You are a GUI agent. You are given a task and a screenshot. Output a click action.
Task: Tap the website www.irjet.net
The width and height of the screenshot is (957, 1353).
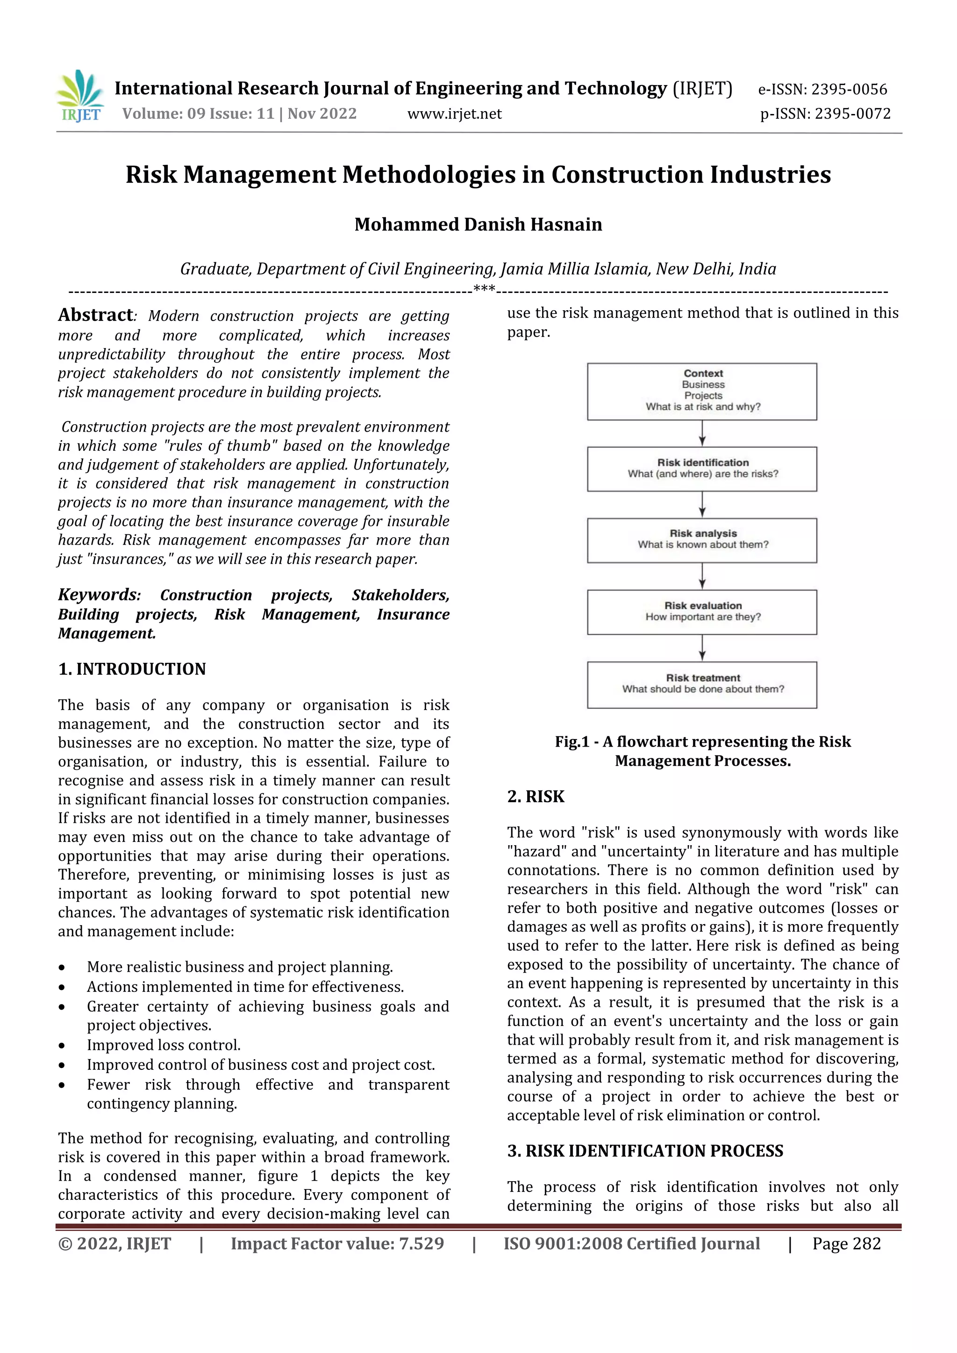(454, 114)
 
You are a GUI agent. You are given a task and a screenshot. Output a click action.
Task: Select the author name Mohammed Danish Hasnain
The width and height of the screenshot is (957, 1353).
(478, 225)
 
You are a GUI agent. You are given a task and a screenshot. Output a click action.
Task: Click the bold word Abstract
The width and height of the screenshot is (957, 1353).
(95, 315)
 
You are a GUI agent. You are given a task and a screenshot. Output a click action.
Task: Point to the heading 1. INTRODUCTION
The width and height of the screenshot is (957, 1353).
(132, 669)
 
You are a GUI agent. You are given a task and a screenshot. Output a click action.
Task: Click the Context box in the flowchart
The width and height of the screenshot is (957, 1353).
(702, 392)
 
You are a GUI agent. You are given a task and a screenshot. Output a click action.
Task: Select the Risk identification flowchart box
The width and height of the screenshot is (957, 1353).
(702, 469)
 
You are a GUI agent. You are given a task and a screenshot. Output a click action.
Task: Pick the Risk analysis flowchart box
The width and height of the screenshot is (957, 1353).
(702, 541)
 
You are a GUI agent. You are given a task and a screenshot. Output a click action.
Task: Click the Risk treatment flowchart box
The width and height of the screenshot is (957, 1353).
(702, 685)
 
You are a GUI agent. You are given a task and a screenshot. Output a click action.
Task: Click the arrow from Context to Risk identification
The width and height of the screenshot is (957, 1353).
(702, 434)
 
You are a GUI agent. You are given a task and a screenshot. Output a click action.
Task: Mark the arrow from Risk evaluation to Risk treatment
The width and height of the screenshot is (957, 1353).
(702, 648)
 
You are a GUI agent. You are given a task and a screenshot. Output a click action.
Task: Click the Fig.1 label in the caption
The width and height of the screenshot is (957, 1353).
(571, 742)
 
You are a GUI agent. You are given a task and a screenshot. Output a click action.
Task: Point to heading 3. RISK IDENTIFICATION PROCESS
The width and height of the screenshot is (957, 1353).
(645, 1151)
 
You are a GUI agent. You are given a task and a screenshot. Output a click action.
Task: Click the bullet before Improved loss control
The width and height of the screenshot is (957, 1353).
(62, 1046)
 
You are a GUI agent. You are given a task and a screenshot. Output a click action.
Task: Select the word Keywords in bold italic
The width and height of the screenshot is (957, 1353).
(98, 595)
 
